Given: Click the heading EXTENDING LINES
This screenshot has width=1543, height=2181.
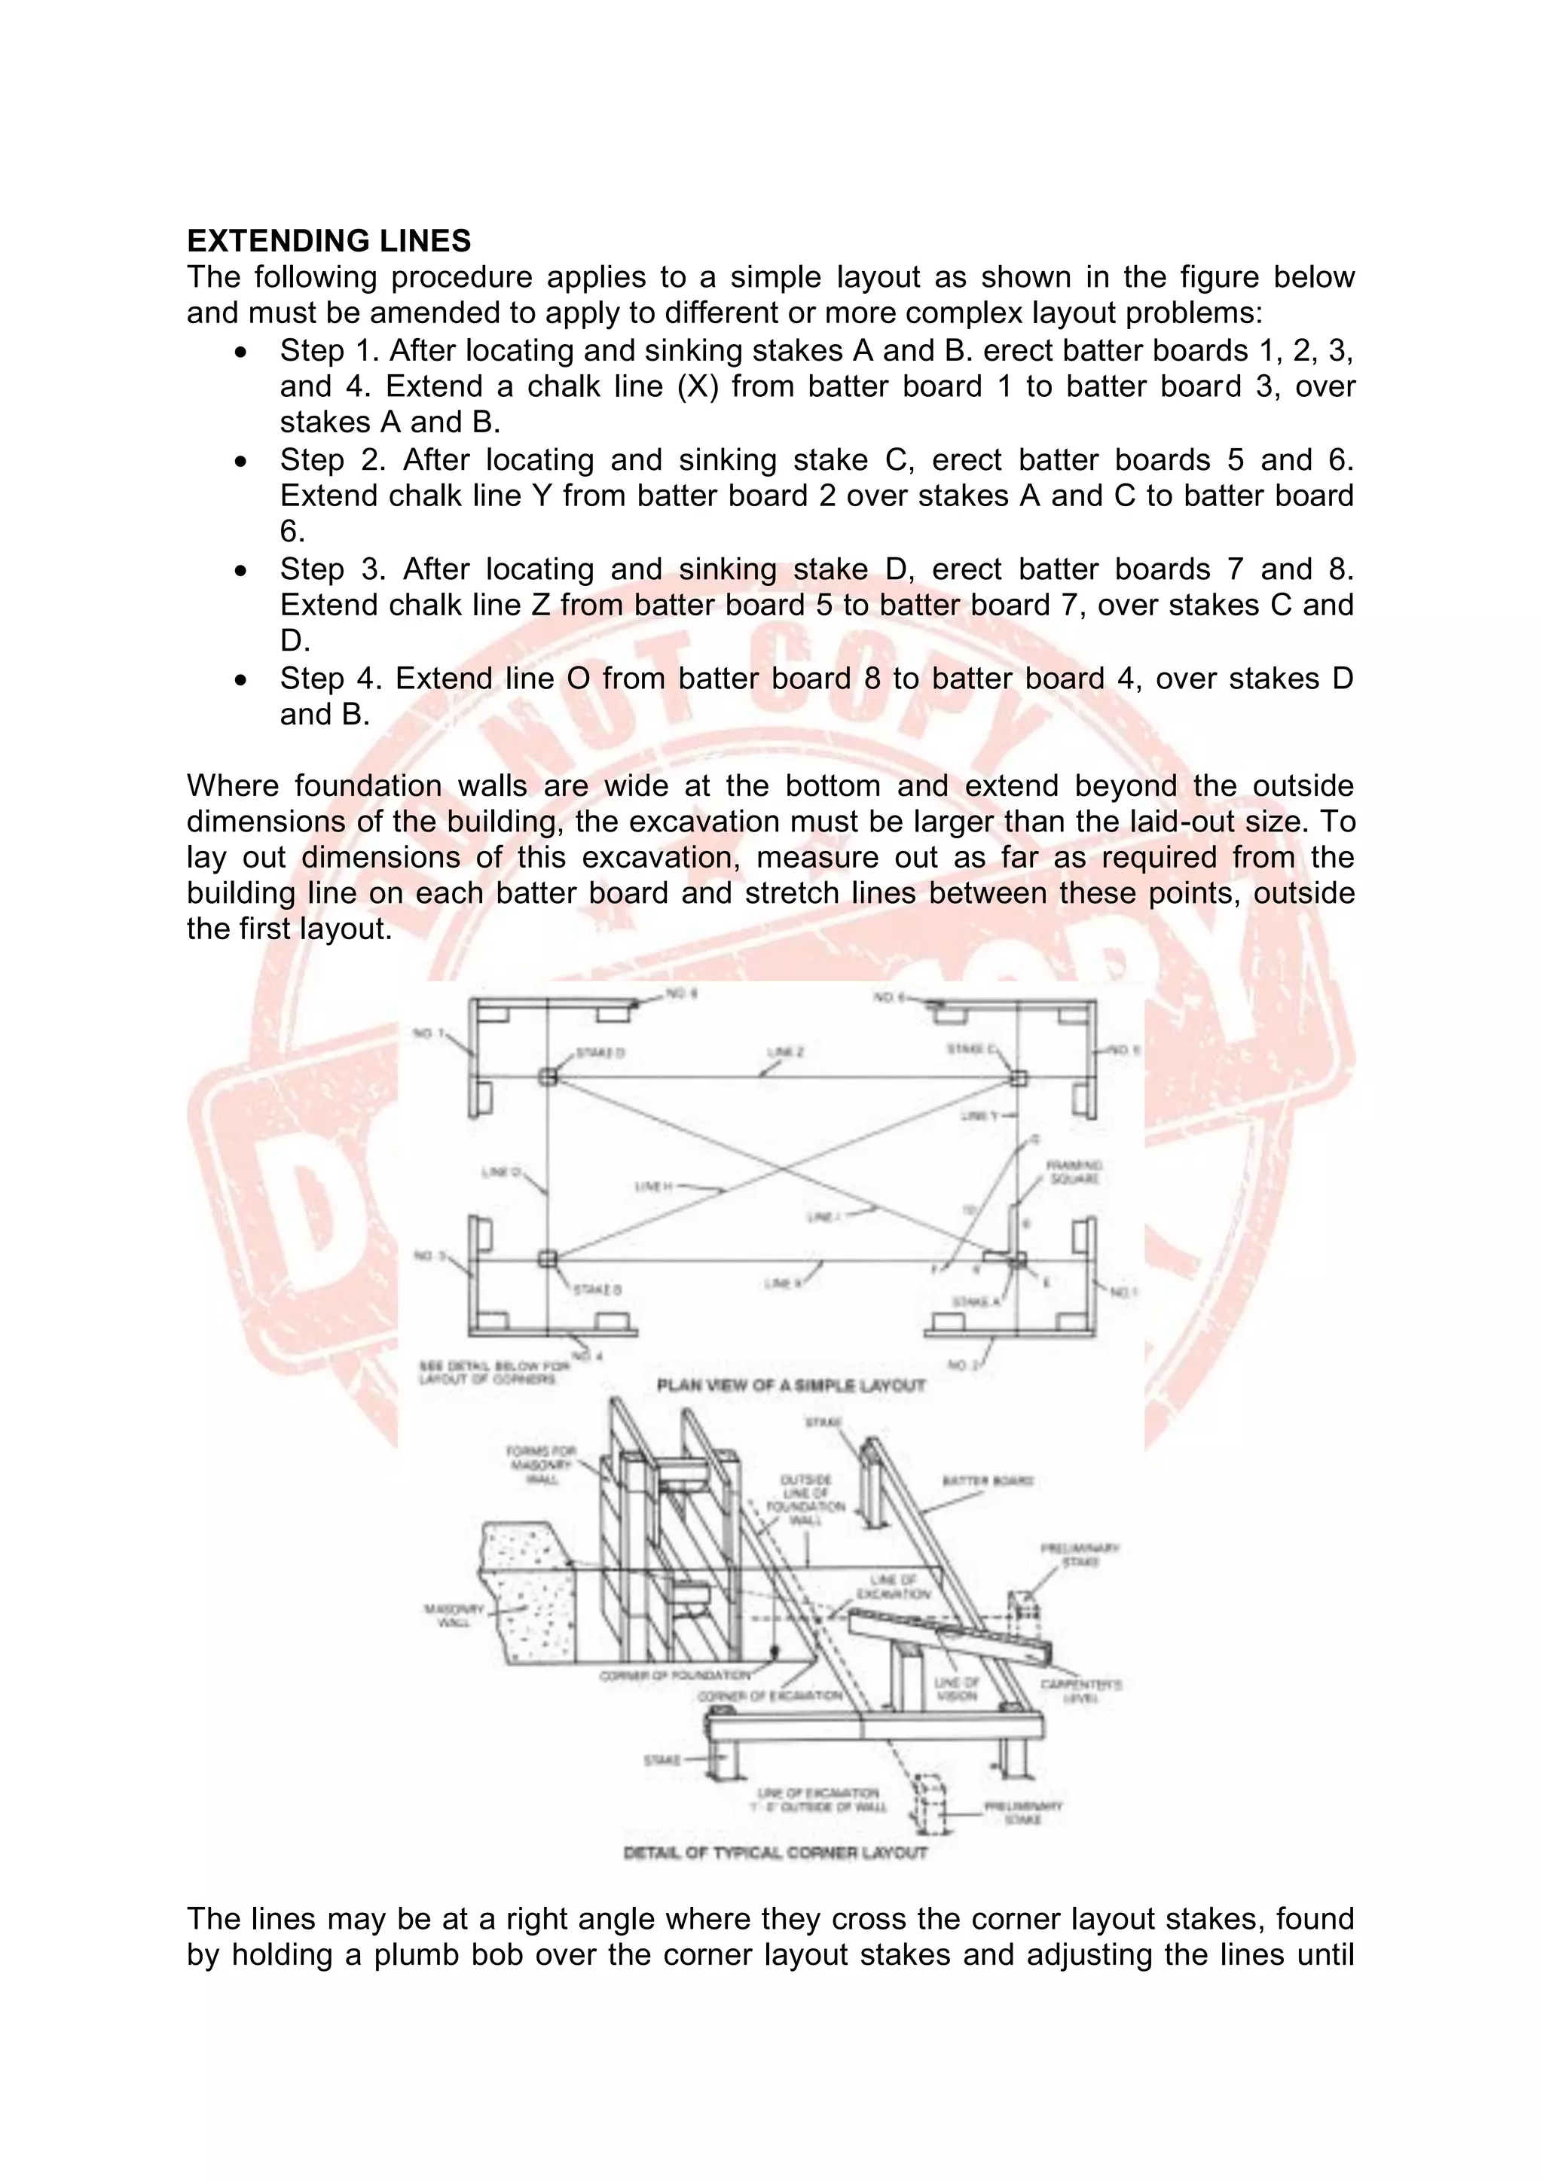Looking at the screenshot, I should coord(328,241).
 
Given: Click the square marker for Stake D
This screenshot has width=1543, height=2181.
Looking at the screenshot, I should coord(547,1076).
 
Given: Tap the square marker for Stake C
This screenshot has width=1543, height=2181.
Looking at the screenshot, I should coord(1018,1078).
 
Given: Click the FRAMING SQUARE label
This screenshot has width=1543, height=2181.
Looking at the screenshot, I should coord(1074,1171).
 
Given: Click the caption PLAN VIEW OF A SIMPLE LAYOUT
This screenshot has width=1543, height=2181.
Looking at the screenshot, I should coord(790,1385).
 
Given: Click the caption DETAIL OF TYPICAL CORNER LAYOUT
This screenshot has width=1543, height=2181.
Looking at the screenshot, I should coord(775,1853).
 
